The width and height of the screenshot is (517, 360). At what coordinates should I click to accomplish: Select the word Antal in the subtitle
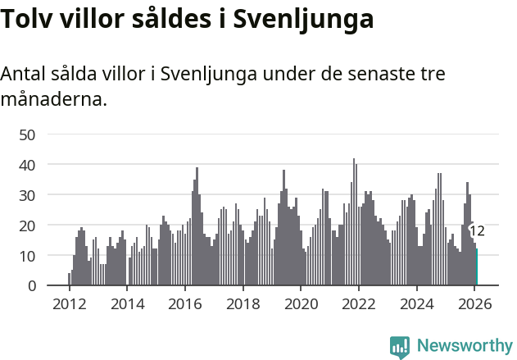24,73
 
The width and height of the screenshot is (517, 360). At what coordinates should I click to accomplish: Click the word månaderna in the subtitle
53,100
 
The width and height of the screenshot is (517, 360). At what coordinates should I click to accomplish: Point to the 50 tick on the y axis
27,134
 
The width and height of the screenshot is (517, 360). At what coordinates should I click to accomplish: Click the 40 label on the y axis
27,165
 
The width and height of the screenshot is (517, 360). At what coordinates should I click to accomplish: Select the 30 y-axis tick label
27,195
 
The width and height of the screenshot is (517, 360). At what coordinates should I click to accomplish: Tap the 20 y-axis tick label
27,226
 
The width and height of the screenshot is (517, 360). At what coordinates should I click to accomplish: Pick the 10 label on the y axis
27,256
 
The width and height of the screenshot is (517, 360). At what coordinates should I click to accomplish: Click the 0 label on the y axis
32,286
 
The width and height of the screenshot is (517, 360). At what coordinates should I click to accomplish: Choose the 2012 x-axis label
69,304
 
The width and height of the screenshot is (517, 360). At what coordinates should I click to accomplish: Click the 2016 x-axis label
184,304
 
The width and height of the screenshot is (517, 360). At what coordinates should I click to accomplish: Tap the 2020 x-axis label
301,304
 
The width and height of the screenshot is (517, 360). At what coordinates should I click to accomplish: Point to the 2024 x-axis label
416,304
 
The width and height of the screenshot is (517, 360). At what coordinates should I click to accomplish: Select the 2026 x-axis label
474,304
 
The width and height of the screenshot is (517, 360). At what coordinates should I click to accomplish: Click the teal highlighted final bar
476,267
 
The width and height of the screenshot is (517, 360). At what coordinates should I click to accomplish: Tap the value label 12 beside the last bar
477,231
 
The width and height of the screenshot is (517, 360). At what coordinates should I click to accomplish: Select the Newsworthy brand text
464,346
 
